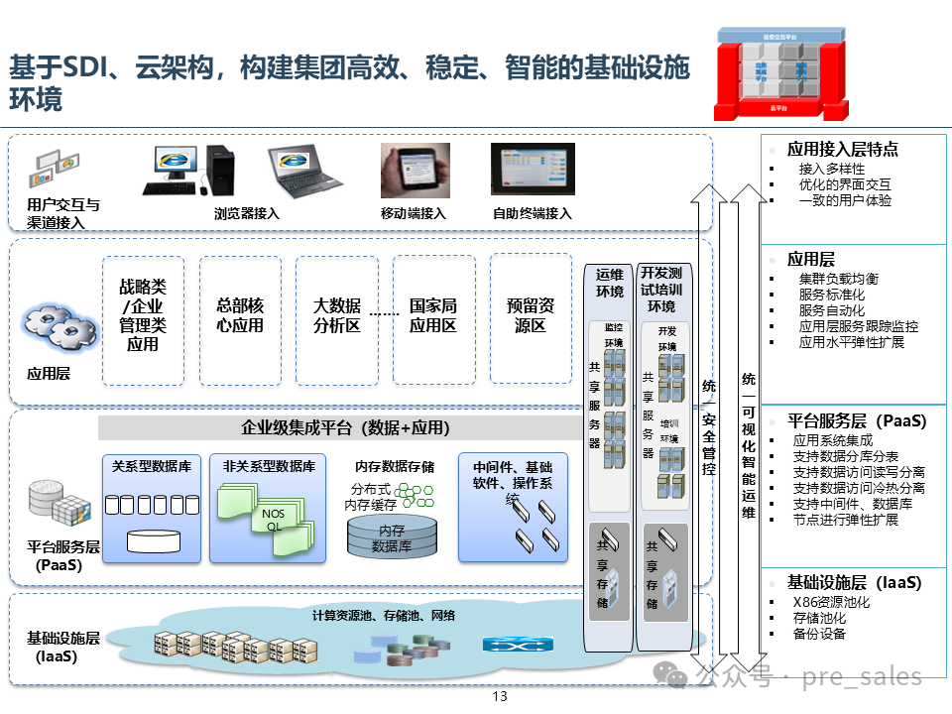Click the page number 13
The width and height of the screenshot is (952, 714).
pyautogui.click(x=499, y=696)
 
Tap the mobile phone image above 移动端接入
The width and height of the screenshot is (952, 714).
pyautogui.click(x=415, y=171)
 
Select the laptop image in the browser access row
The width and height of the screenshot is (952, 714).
pyautogui.click(x=305, y=170)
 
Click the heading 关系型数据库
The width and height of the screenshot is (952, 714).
pyautogui.click(x=152, y=466)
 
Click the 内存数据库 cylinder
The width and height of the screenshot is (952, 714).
pyautogui.click(x=392, y=536)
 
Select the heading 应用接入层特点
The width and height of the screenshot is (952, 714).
pyautogui.click(x=842, y=149)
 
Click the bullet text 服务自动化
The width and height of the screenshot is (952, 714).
pyautogui.click(x=831, y=310)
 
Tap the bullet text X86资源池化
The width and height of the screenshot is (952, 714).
pyautogui.click(x=831, y=602)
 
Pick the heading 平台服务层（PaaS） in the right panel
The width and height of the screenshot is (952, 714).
pyautogui.click(x=857, y=420)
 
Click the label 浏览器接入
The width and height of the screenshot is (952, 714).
pyautogui.click(x=246, y=213)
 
